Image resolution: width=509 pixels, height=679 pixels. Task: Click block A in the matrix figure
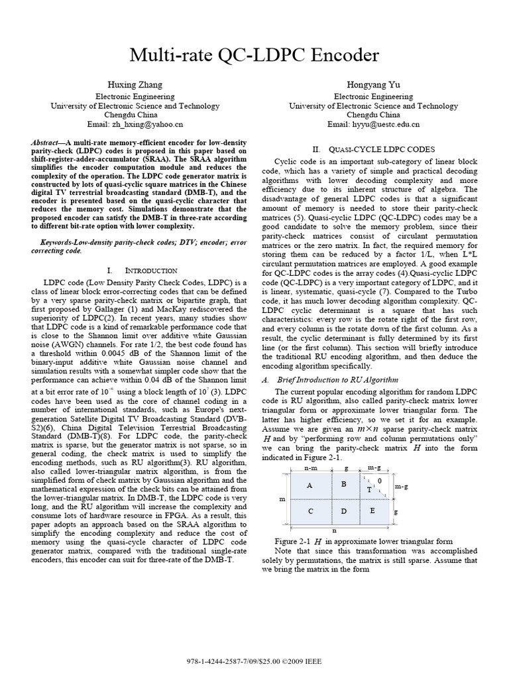click(x=310, y=485)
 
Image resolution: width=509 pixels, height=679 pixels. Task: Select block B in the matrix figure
click(x=344, y=485)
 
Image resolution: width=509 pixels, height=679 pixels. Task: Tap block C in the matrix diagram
click(x=310, y=511)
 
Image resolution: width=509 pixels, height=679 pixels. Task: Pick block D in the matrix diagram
click(x=344, y=511)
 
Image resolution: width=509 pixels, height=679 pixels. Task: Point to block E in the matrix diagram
click(x=372, y=511)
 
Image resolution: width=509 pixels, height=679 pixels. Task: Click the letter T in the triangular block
click(x=369, y=489)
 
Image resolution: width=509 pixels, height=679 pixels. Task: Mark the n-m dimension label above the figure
click(x=310, y=468)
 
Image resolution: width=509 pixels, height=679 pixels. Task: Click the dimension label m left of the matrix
click(x=282, y=498)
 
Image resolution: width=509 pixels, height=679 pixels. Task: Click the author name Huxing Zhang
click(x=135, y=85)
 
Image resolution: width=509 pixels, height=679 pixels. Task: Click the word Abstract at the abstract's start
click(x=48, y=143)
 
